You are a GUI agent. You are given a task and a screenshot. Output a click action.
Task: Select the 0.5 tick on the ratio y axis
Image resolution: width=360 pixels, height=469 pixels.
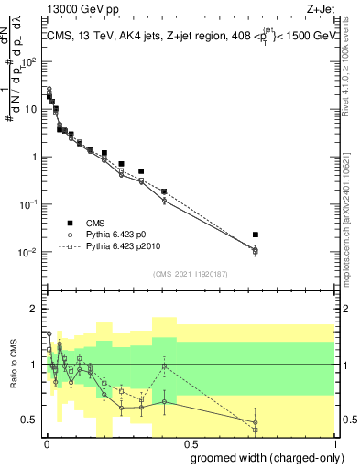(29, 420)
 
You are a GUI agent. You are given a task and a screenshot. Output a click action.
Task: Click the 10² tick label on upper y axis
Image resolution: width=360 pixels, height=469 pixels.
(29, 62)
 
